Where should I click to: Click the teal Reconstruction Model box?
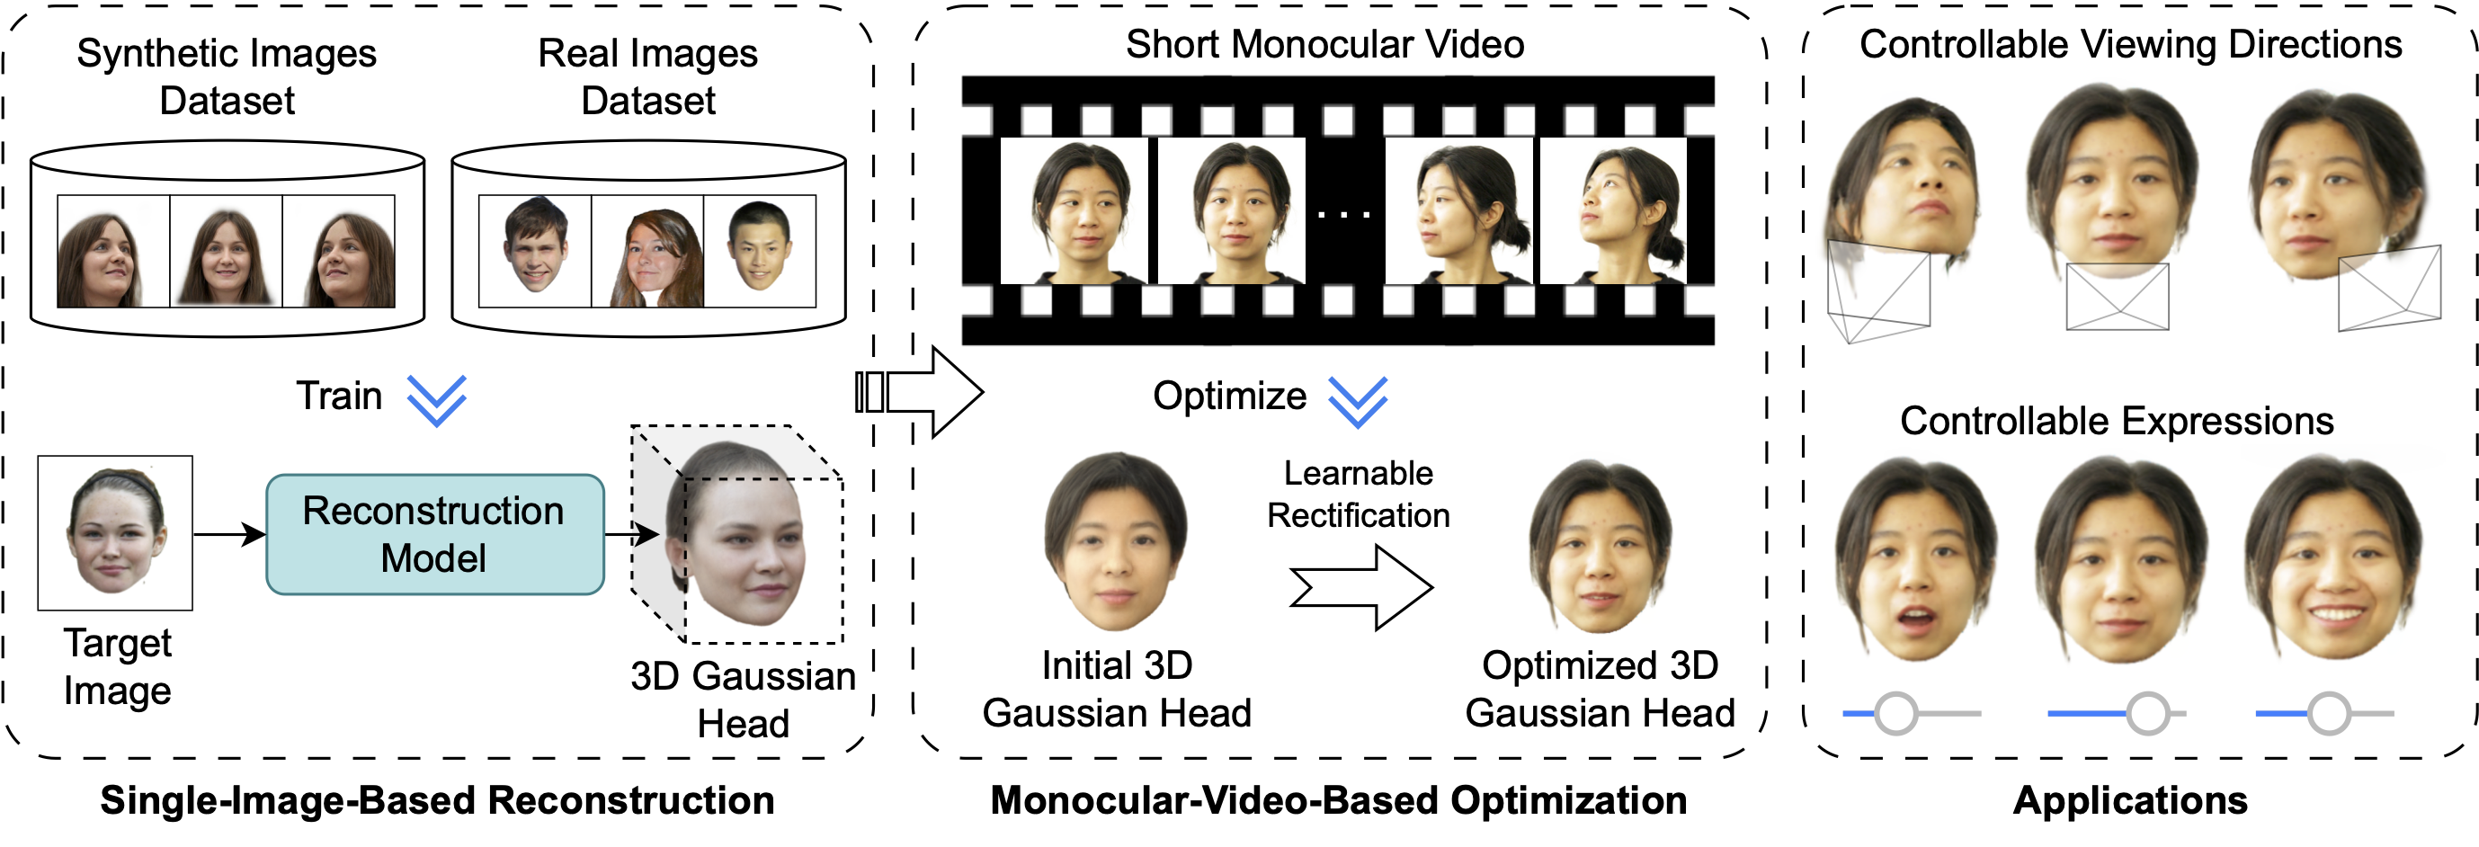pyautogui.click(x=435, y=534)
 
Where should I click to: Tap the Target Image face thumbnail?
pyautogui.click(x=115, y=532)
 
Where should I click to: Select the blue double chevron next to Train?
pyautogui.click(x=437, y=400)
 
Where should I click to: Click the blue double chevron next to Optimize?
pyautogui.click(x=1358, y=401)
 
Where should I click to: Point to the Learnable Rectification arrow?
pyautogui.click(x=1360, y=587)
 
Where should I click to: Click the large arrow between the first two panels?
pyautogui.click(x=919, y=392)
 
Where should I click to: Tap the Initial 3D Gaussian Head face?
pyautogui.click(x=1117, y=542)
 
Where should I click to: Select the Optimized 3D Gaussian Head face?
pyautogui.click(x=1601, y=546)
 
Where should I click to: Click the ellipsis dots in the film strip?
pyautogui.click(x=1343, y=215)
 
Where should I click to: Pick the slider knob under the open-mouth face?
pyautogui.click(x=1895, y=713)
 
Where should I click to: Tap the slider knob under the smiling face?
pyautogui.click(x=2329, y=713)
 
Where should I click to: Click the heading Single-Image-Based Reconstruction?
pyautogui.click(x=437, y=801)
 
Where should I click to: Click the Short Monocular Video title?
pyautogui.click(x=1325, y=44)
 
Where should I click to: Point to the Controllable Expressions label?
pyautogui.click(x=2118, y=422)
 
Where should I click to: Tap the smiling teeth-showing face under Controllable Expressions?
pyautogui.click(x=2333, y=558)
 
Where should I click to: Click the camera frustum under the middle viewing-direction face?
pyautogui.click(x=2118, y=297)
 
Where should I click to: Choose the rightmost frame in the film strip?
pyautogui.click(x=1614, y=210)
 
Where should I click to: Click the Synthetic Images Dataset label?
pyautogui.click(x=227, y=76)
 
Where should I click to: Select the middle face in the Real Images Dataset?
pyautogui.click(x=647, y=251)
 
